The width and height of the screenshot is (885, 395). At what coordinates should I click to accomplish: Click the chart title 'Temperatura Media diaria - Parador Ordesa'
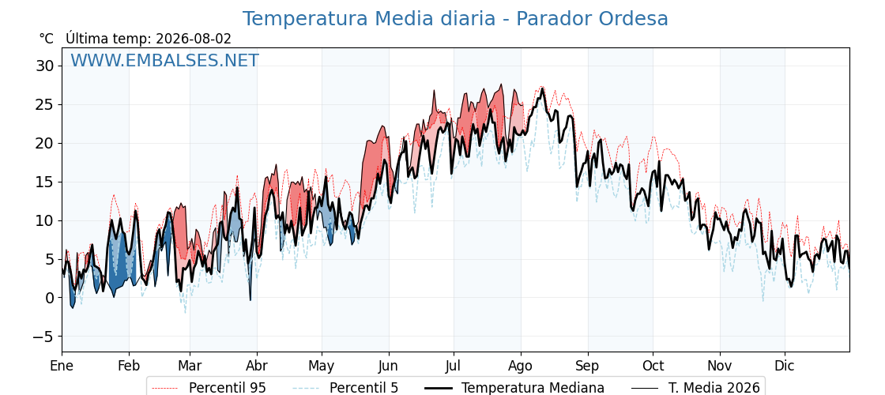pos(455,19)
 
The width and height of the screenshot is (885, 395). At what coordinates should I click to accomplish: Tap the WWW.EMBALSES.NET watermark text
pos(165,60)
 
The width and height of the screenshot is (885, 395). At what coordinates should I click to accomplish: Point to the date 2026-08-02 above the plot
pos(194,39)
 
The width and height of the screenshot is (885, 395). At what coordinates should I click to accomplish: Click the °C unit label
pos(47,39)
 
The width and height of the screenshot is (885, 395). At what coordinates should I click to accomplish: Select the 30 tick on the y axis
pos(47,66)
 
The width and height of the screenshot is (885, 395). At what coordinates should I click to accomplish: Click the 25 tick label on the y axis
pos(47,105)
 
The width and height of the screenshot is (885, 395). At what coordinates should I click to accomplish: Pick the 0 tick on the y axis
pos(51,297)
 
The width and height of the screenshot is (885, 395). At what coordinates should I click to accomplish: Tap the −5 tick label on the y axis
pos(43,337)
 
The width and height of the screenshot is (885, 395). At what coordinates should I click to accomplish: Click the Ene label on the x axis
pos(62,366)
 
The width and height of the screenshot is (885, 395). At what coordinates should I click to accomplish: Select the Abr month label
pos(257,366)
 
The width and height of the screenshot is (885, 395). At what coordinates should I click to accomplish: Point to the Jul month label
pos(454,366)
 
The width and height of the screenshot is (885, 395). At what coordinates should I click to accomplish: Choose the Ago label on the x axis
pos(521,366)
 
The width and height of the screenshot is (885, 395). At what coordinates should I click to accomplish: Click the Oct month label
pos(653,366)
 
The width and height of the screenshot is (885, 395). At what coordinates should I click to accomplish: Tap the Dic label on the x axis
pos(785,366)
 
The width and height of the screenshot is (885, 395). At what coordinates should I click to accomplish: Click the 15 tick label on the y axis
pos(47,182)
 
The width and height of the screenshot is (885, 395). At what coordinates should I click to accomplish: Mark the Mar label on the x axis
pos(190,366)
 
